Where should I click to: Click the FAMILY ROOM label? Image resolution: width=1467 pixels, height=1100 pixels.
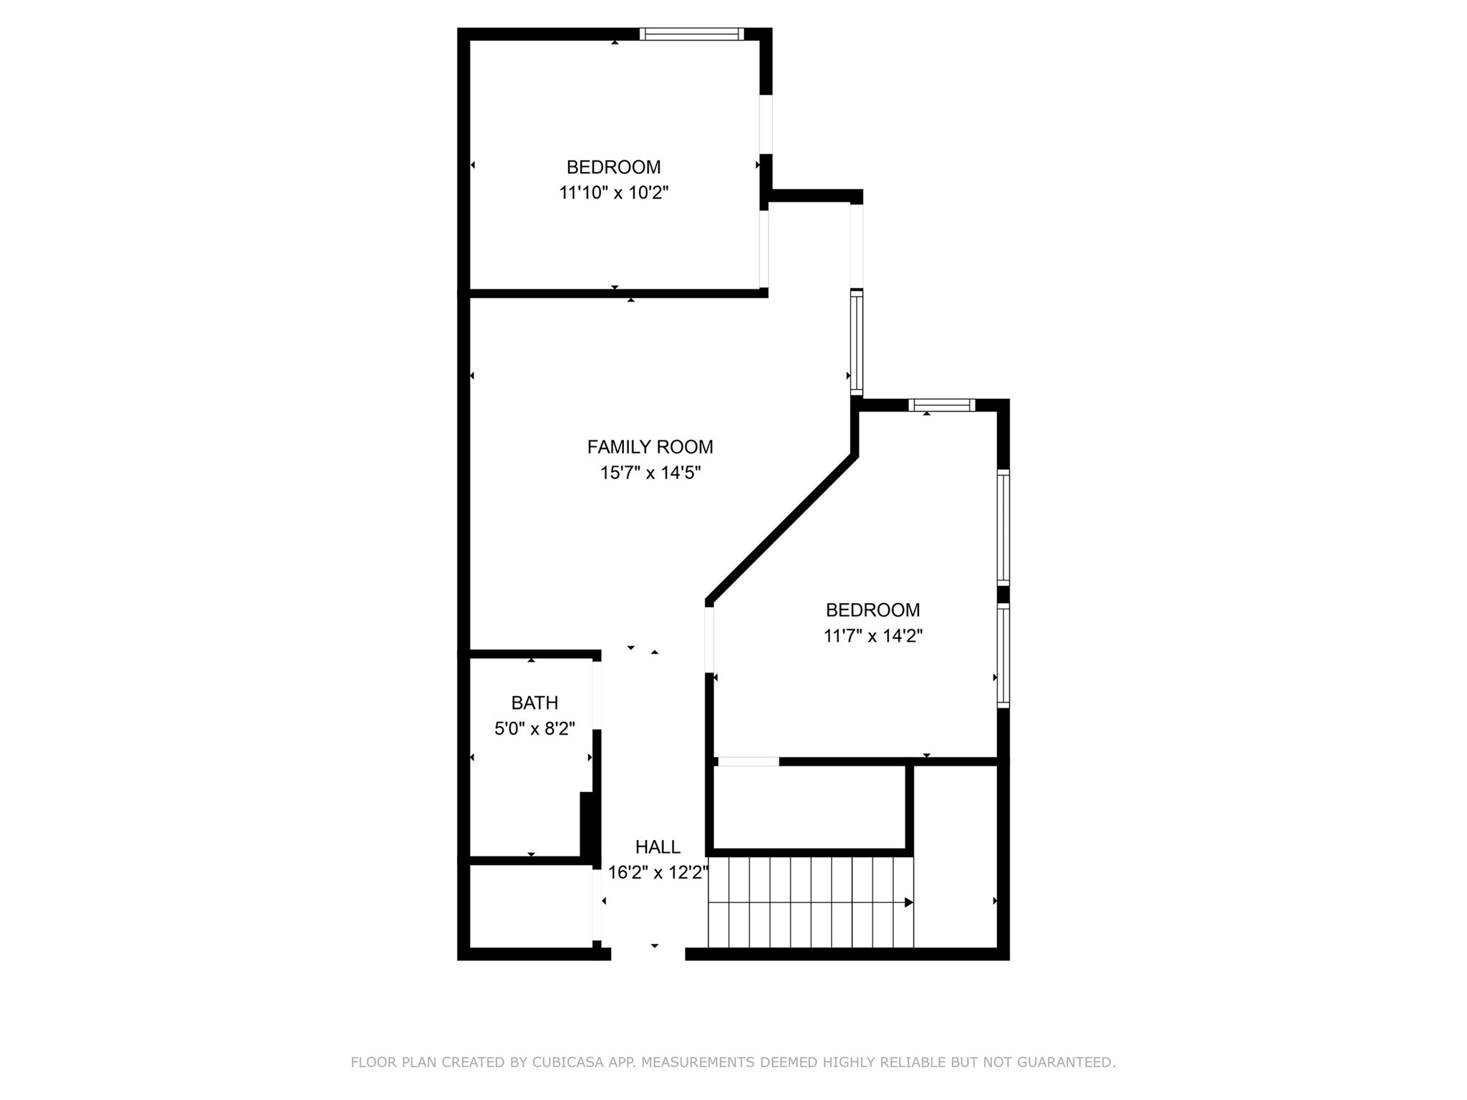point(650,447)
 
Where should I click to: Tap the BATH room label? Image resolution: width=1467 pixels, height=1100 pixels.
point(534,703)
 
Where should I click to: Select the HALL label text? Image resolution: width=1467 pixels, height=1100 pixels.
point(658,846)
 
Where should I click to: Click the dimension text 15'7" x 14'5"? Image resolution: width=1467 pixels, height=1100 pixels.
point(650,473)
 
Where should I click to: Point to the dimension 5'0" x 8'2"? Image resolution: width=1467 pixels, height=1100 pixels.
point(534,729)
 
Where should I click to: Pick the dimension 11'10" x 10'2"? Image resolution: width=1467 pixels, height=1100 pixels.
point(613,193)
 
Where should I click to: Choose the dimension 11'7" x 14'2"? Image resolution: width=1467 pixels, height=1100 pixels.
point(872,636)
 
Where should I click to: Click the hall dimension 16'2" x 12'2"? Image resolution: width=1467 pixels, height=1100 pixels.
point(658,873)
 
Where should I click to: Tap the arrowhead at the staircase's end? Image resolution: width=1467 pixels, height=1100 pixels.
point(909,902)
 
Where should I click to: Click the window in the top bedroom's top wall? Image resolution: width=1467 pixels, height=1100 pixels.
point(691,34)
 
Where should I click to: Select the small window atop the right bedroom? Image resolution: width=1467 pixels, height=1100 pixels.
point(941,405)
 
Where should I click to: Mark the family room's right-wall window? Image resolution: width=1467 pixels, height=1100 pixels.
point(857,342)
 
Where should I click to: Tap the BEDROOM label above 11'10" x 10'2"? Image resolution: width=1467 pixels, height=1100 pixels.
point(613,167)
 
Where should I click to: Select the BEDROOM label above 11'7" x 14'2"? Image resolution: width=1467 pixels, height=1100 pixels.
point(872,610)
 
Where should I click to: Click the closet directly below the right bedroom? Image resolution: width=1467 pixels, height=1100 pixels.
point(809,807)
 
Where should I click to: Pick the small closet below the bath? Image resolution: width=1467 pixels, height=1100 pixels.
point(530,907)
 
